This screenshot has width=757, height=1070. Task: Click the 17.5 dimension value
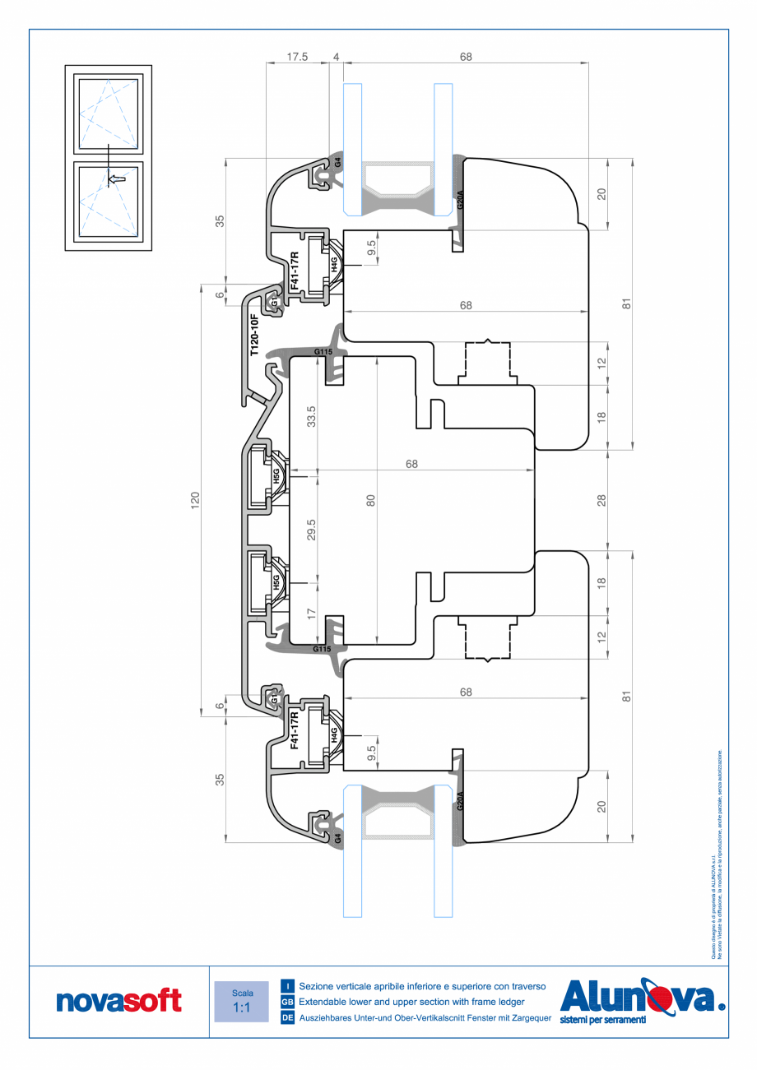pyautogui.click(x=297, y=57)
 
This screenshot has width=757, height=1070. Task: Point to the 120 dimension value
pyautogui.click(x=195, y=499)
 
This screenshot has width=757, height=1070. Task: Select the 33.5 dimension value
pyautogui.click(x=311, y=417)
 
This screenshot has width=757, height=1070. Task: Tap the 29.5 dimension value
pyautogui.click(x=311, y=530)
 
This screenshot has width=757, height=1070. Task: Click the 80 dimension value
pyautogui.click(x=370, y=500)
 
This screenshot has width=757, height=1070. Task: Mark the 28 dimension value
pyautogui.click(x=601, y=499)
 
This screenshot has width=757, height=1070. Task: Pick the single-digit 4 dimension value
pyautogui.click(x=336, y=57)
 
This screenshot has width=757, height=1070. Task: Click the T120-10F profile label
pyautogui.click(x=254, y=334)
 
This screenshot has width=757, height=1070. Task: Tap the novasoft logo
pyautogui.click(x=119, y=1001)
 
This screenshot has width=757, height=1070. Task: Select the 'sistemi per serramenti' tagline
pyautogui.click(x=602, y=1020)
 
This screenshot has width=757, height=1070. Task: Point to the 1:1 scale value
pyautogui.click(x=241, y=1007)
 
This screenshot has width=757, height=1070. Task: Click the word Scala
pyautogui.click(x=242, y=993)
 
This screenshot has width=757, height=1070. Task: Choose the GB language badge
pyautogui.click(x=288, y=1002)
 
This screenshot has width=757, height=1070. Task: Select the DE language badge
pyautogui.click(x=288, y=1018)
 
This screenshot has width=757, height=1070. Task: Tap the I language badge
pyautogui.click(x=288, y=985)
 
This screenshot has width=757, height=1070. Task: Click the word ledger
pyautogui.click(x=508, y=1002)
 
